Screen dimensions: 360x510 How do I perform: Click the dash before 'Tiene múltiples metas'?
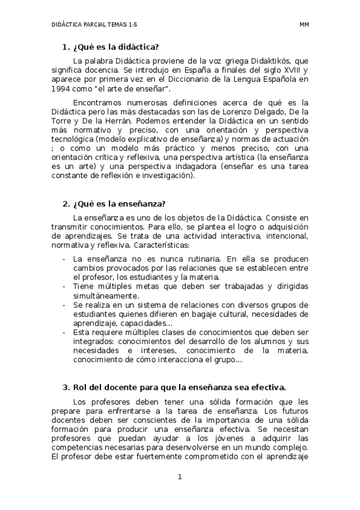pyautogui.click(x=64, y=286)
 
